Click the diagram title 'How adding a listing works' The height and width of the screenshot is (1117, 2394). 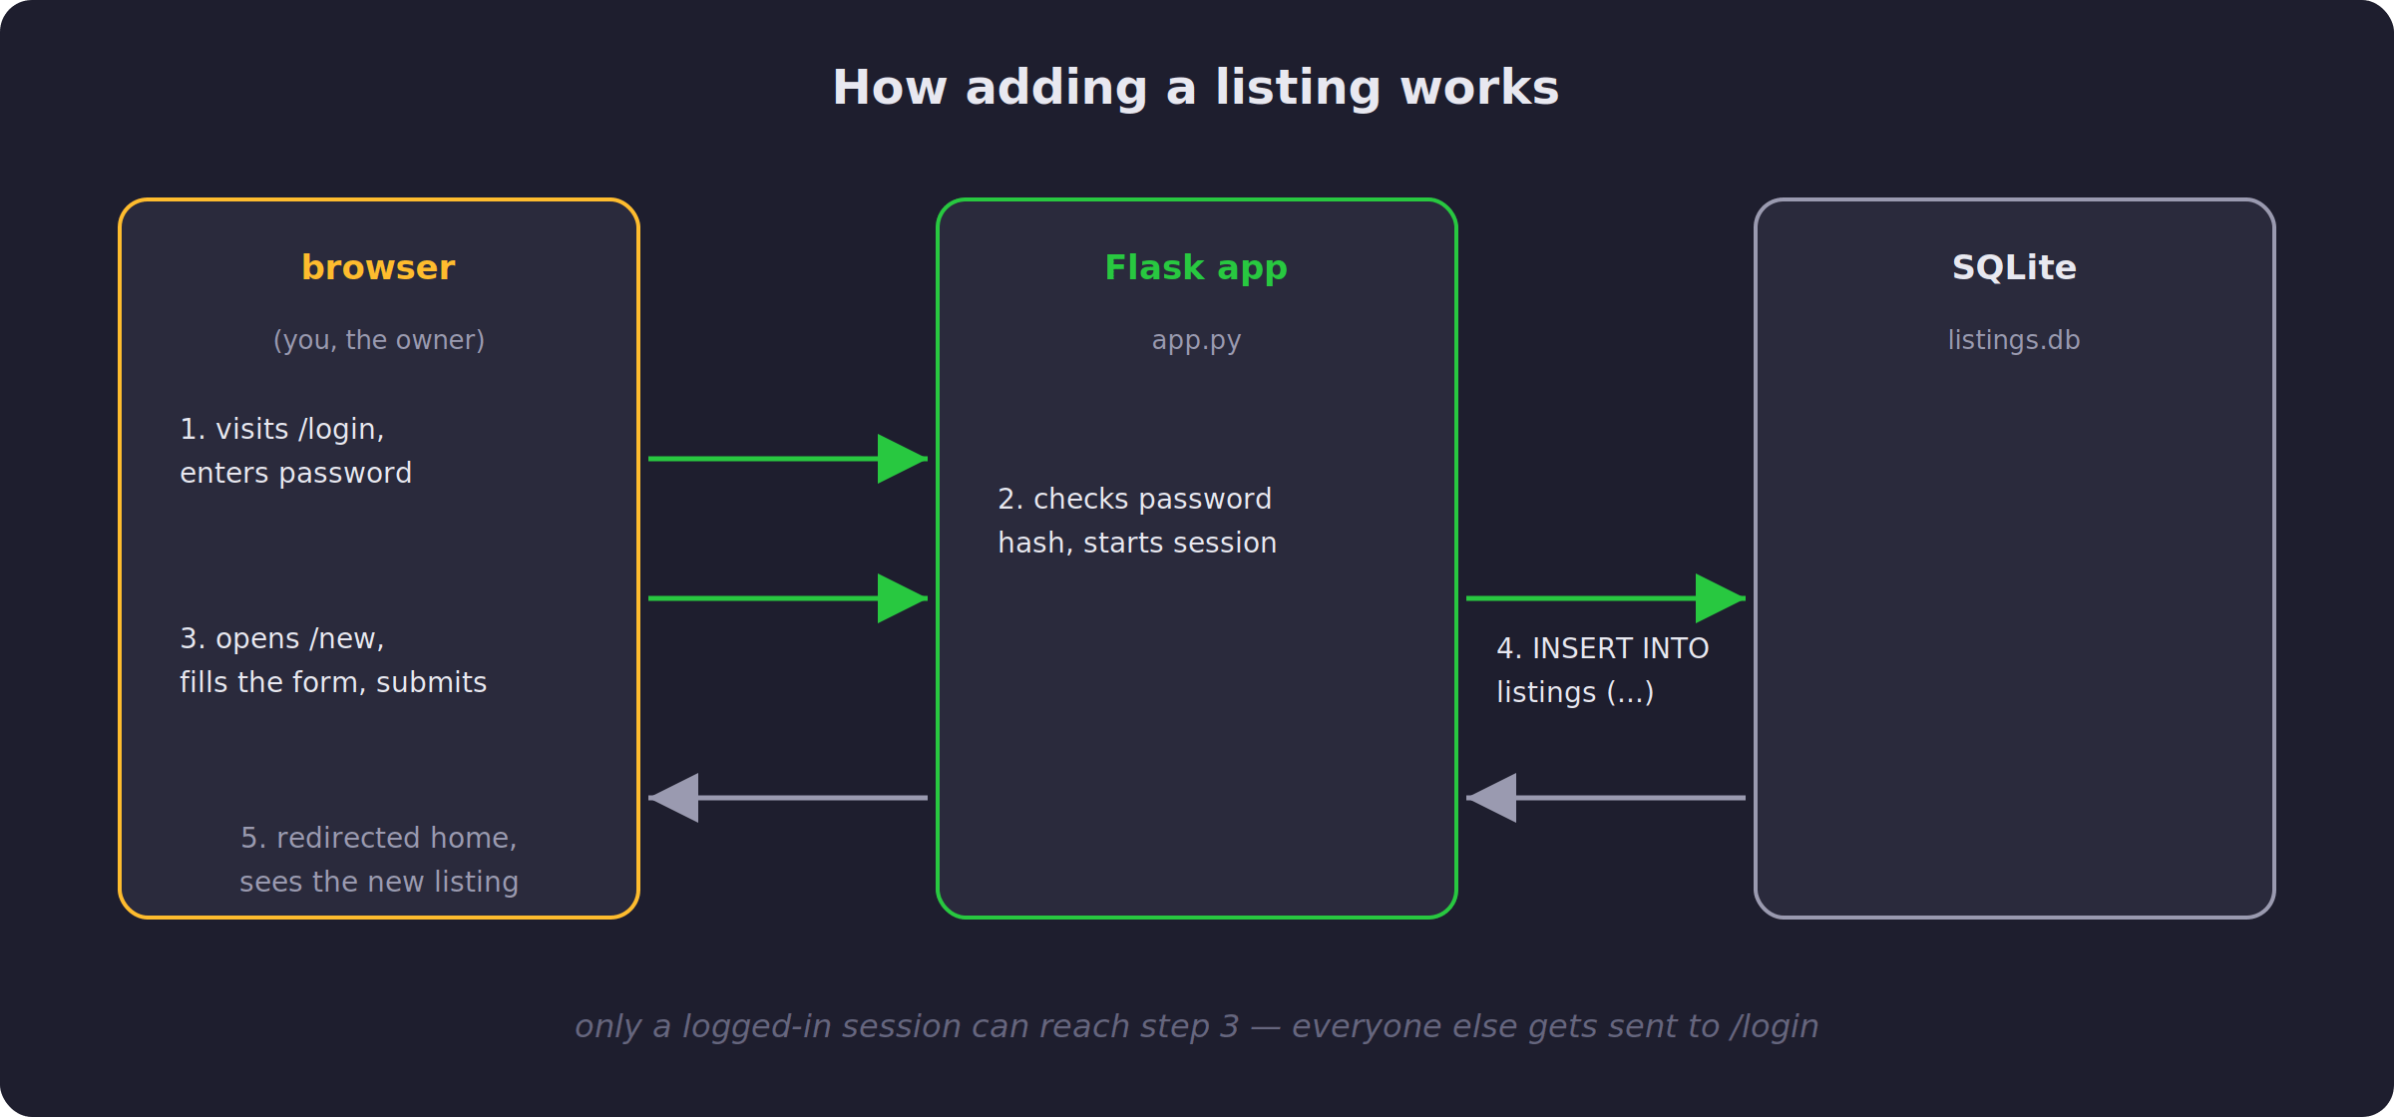tap(1196, 88)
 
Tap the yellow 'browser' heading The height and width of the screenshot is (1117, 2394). tap(378, 267)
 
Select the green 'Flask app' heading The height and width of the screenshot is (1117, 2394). tap(1196, 268)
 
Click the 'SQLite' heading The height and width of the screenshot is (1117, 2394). tap(2014, 267)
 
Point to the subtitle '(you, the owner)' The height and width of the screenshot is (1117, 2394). tap(379, 340)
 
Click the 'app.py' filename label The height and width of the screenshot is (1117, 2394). tap(1196, 341)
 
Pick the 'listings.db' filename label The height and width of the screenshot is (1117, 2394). tap(2014, 340)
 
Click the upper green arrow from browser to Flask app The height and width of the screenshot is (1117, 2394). tap(788, 459)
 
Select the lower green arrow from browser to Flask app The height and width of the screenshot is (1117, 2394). tap(788, 598)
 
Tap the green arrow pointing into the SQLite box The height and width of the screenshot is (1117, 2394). tap(1606, 598)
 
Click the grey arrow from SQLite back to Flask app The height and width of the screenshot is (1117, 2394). tap(1606, 798)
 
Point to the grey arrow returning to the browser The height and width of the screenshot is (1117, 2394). tap(788, 798)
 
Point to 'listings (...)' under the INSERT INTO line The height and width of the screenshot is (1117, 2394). tap(1575, 692)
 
